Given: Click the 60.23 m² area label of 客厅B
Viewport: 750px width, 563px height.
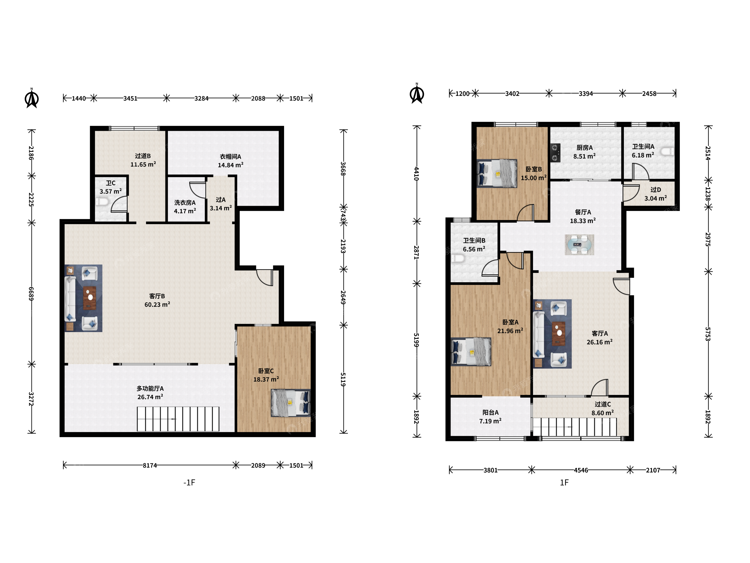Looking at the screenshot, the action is pos(157,304).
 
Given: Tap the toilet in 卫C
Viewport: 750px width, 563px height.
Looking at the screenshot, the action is pos(102,202).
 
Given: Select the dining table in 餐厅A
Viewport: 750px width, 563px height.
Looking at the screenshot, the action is pos(579,244).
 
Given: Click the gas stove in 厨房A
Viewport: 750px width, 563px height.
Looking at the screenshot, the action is pos(555,153).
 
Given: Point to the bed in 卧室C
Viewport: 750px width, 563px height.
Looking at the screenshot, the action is pos(291,403).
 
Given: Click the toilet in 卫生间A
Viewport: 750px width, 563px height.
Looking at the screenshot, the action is pos(668,151).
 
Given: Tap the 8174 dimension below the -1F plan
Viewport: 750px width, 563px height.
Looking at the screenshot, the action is pos(149,465).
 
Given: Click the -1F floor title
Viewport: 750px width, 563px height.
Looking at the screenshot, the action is pos(189,482).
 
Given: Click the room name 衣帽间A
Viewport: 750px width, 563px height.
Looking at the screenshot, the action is pos(230,156).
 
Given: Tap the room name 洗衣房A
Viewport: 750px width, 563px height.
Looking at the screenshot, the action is pos(185,203).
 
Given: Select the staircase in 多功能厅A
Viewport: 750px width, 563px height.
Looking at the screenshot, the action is pos(178,419).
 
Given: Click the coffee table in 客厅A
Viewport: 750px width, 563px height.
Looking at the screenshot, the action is pos(558,334).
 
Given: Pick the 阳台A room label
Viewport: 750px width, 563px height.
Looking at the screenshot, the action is pos(490,412).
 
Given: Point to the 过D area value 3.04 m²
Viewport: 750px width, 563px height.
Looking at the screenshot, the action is pos(655,198).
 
